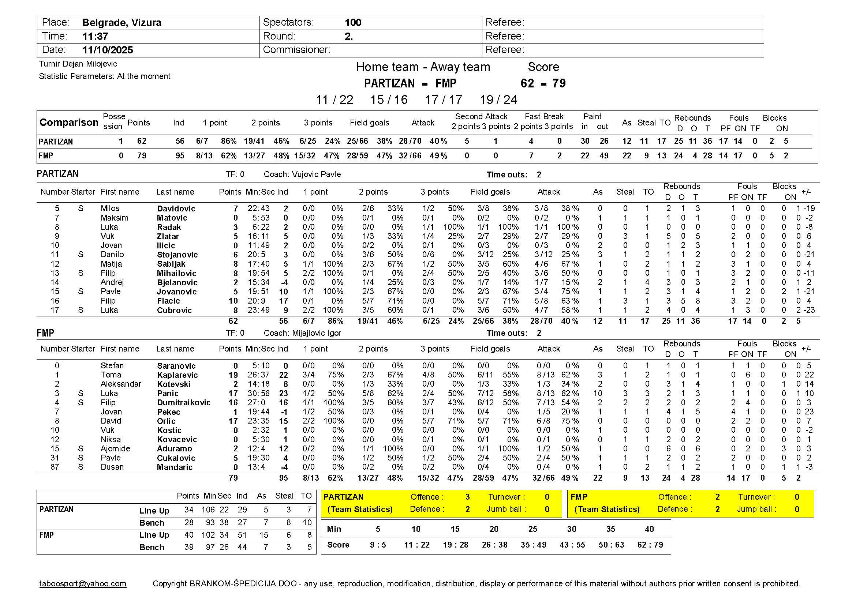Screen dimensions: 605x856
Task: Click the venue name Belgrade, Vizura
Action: [x=122, y=23]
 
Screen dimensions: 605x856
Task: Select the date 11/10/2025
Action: [x=107, y=50]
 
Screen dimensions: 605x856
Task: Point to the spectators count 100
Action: [x=353, y=23]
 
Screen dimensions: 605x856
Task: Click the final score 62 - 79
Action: [x=543, y=83]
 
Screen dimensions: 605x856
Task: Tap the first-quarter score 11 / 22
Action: [x=334, y=100]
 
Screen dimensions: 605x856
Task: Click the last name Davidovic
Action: [x=176, y=208]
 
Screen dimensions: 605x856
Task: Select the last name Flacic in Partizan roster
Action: [x=168, y=301]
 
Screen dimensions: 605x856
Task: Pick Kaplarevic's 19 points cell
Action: [x=233, y=375]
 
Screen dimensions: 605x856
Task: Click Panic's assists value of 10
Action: [x=598, y=394]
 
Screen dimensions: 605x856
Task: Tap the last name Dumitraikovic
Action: [x=183, y=403]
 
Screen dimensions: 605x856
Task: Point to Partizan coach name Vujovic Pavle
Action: [x=316, y=174]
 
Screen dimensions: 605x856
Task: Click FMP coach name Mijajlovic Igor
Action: [x=316, y=333]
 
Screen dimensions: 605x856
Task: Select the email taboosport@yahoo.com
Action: [x=83, y=584]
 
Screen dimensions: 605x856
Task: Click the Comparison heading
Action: [x=69, y=123]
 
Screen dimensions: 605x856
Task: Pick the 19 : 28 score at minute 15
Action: [x=456, y=545]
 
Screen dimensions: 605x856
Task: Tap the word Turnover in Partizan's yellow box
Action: [x=506, y=497]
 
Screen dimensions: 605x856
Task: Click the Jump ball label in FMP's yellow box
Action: [x=756, y=509]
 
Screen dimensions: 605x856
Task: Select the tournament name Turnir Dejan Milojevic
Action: [x=78, y=64]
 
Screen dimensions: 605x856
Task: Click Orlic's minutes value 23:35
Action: [x=258, y=421]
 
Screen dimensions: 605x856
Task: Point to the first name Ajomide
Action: [x=115, y=449]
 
